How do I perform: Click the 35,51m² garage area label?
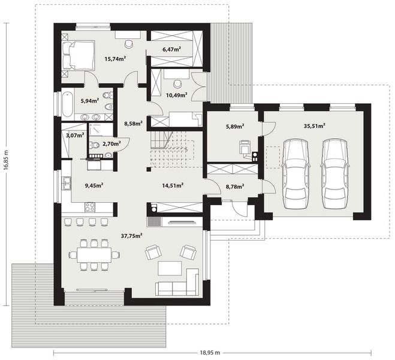coord(314,126)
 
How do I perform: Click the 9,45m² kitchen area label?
coord(94,185)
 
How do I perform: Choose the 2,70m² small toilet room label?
coord(111,144)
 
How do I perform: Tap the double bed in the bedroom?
coord(78,54)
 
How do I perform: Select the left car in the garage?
coord(295,171)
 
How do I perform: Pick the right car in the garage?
coord(334,171)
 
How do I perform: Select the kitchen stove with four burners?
coord(91,207)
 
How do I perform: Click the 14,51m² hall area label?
coord(173,185)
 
